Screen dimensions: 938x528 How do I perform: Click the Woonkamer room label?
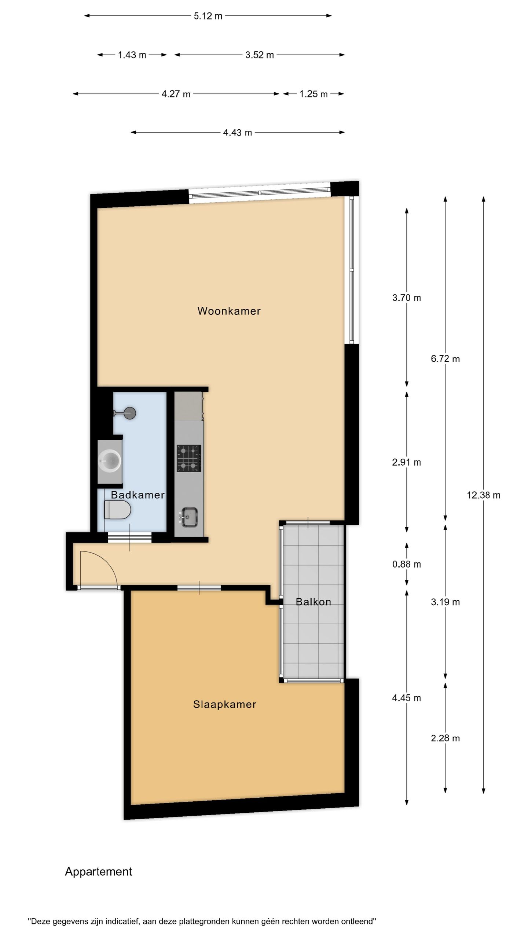pyautogui.click(x=229, y=311)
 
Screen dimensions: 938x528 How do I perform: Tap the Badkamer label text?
pyautogui.click(x=137, y=495)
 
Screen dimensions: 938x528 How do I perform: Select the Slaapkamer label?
pyautogui.click(x=224, y=704)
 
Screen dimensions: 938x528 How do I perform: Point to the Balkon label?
pyautogui.click(x=313, y=602)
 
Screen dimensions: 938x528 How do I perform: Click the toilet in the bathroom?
pyautogui.click(x=118, y=510)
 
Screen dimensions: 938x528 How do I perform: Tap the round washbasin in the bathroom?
pyautogui.click(x=110, y=460)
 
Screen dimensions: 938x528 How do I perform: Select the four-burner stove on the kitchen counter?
pyautogui.click(x=189, y=458)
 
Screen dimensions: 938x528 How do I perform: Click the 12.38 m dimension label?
pyautogui.click(x=483, y=495)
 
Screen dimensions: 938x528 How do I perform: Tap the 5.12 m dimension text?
pyautogui.click(x=208, y=16)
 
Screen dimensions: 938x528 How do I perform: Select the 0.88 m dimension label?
pyautogui.click(x=406, y=564)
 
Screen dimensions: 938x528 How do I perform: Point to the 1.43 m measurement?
pyautogui.click(x=132, y=55)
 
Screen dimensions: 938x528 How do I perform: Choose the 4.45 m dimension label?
pyautogui.click(x=406, y=698)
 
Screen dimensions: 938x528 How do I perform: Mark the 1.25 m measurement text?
pyautogui.click(x=313, y=94)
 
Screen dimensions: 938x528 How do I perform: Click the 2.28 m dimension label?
pyautogui.click(x=445, y=738)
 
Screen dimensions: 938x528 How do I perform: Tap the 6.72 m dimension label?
pyautogui.click(x=445, y=358)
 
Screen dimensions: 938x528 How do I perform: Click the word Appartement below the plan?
pyautogui.click(x=98, y=871)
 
